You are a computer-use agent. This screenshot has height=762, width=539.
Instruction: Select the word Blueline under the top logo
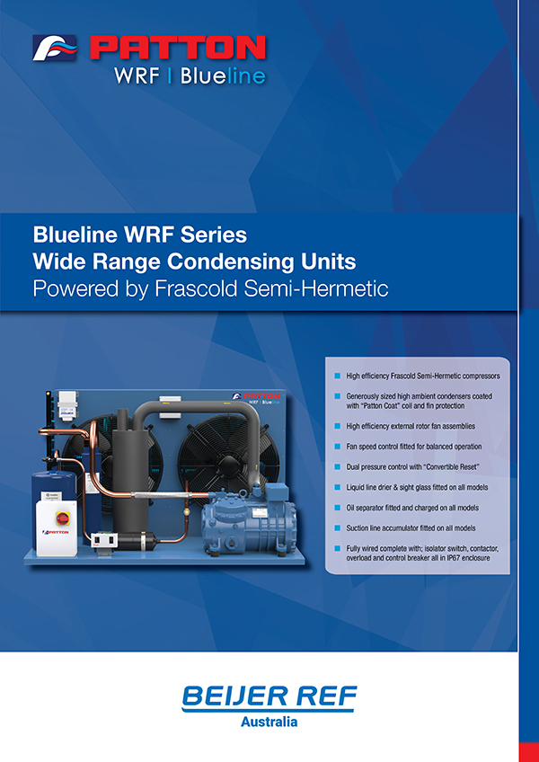[x=223, y=76]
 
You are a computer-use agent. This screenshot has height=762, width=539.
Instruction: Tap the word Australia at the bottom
[x=269, y=721]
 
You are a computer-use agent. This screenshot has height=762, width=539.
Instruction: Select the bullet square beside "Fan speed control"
[x=337, y=446]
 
